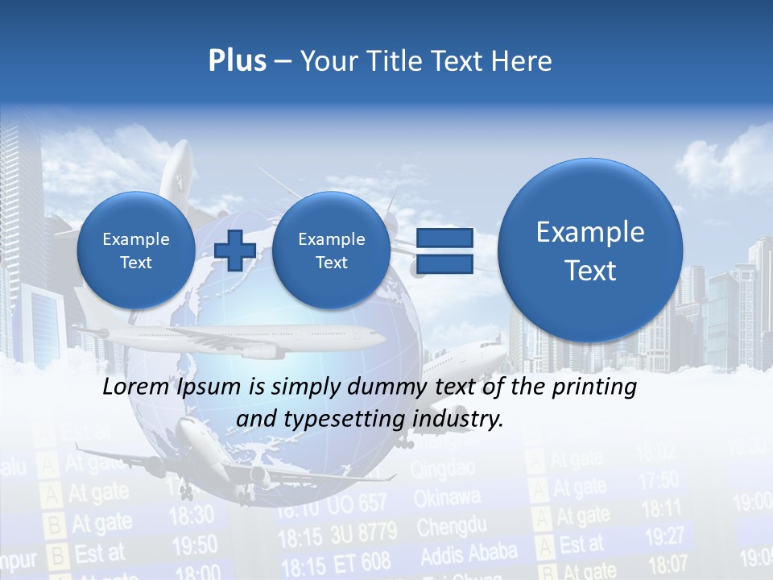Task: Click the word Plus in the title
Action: point(237,61)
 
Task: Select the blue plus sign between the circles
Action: point(235,251)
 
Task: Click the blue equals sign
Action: point(444,251)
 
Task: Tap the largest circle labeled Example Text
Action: point(590,251)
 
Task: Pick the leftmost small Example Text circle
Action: point(136,251)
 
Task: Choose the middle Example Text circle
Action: point(331,251)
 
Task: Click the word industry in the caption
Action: point(461,419)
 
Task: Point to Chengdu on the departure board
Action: point(451,528)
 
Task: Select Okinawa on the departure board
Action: point(447,498)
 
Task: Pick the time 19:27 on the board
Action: point(664,536)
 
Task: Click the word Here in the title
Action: point(524,61)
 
